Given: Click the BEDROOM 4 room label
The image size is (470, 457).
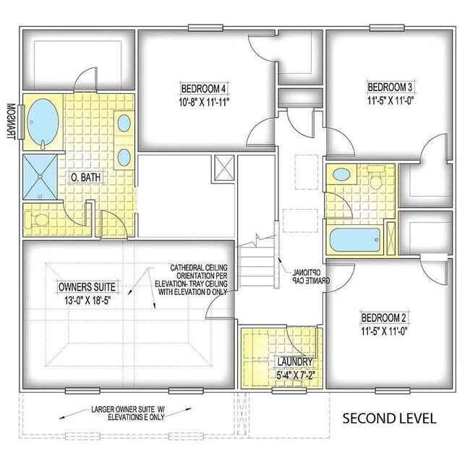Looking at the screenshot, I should tap(204, 88).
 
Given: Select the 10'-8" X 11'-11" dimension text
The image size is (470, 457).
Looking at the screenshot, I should tap(204, 102).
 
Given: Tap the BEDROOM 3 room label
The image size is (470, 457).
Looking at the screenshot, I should tap(390, 87).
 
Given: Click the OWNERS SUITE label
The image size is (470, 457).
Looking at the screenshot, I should tap(87, 286).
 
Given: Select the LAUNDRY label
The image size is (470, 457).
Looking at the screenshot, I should tap(293, 362).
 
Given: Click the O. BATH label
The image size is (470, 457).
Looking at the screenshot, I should tap(84, 176).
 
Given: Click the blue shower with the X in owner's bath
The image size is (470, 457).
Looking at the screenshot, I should tap(42, 177).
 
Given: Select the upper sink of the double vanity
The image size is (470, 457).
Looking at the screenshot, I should tap(124, 122).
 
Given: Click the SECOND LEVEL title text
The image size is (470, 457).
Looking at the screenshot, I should tap(388, 418).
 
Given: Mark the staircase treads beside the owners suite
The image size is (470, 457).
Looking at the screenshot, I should tap(259, 264).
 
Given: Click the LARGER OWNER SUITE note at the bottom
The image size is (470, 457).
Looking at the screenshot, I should tap(128, 414).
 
